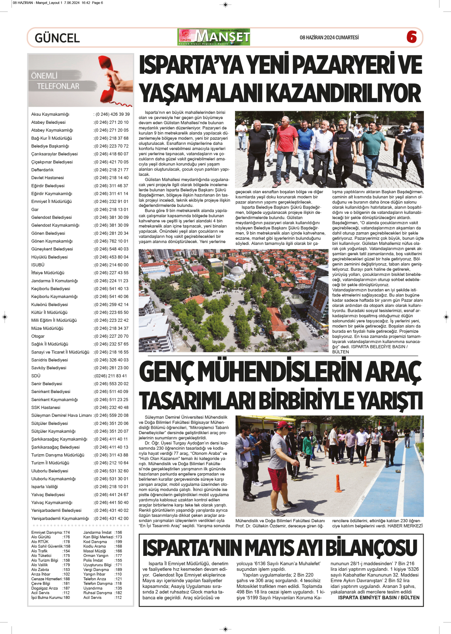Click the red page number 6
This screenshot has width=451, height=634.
pyautogui.click(x=412, y=37)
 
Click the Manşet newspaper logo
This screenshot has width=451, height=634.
pyautogui.click(x=214, y=37)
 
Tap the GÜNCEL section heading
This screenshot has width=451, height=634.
pyautogui.click(x=57, y=38)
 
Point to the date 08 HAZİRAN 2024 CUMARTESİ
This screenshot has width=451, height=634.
pyautogui.click(x=329, y=37)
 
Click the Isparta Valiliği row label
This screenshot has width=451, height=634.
pyautogui.click(x=44, y=487)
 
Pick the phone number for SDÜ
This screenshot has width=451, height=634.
pyautogui.click(x=110, y=376)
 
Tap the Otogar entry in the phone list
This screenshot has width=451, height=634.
pyautogui.click(x=38, y=336)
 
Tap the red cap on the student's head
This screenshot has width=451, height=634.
pyautogui.click(x=284, y=424)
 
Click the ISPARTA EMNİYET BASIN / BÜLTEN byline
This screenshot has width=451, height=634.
pyautogui.click(x=379, y=598)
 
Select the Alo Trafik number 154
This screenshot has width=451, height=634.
pyautogui.click(x=66, y=551)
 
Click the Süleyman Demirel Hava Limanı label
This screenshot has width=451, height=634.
pyautogui.click(x=61, y=415)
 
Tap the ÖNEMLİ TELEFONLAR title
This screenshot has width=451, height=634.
pyautogui.click(x=55, y=81)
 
